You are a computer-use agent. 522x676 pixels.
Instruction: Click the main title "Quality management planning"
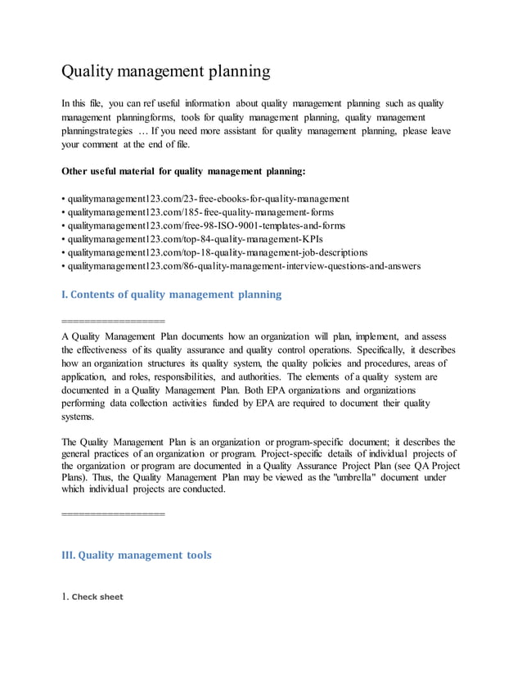tap(166, 72)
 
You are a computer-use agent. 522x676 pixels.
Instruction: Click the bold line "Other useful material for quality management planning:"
tap(184, 172)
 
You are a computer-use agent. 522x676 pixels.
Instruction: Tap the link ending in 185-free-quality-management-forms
tap(200, 212)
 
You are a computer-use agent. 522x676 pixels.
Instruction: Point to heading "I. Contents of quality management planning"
tap(171, 295)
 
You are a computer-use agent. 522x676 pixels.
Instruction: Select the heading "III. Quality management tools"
tap(137, 555)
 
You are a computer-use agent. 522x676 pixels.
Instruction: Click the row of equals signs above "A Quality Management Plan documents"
tap(113, 320)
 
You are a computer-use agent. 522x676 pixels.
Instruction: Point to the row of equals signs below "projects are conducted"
tap(113, 513)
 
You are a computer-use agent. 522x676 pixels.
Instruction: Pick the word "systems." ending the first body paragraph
tap(79, 416)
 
